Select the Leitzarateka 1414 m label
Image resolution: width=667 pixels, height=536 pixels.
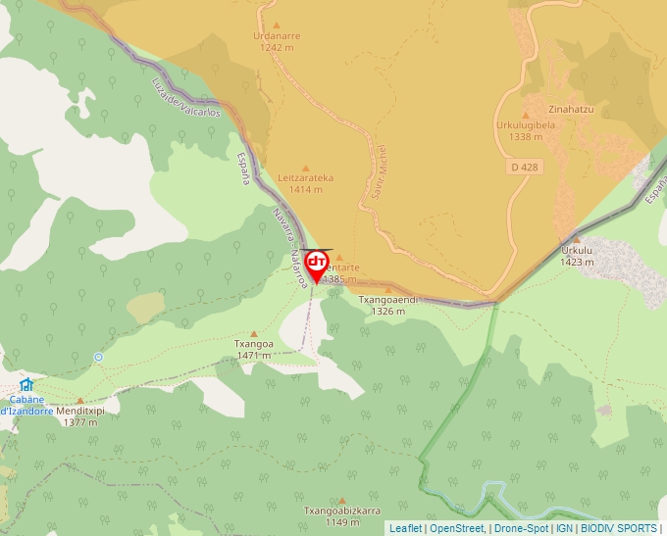click(x=305, y=183)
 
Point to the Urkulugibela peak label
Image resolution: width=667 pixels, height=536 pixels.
click(x=526, y=131)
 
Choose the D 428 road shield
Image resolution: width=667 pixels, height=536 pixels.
click(x=525, y=168)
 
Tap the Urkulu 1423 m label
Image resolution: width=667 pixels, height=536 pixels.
click(x=577, y=256)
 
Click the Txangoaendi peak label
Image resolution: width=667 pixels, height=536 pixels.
click(x=388, y=305)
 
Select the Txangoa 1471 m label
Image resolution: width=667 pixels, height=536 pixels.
click(x=253, y=350)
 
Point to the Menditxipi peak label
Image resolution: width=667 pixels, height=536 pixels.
click(x=79, y=416)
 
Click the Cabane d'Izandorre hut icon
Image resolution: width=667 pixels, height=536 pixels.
click(x=26, y=384)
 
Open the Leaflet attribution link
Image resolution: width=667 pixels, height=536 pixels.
click(x=405, y=528)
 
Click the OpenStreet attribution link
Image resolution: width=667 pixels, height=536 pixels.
click(x=456, y=528)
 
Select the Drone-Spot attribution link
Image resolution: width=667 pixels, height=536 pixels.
click(x=522, y=528)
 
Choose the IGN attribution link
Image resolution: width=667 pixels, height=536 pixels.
click(x=564, y=528)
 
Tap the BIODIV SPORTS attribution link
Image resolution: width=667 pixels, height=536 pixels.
click(x=618, y=528)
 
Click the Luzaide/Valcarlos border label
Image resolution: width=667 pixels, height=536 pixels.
click(x=186, y=99)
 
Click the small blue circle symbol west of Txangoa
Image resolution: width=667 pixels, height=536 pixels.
click(x=98, y=357)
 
